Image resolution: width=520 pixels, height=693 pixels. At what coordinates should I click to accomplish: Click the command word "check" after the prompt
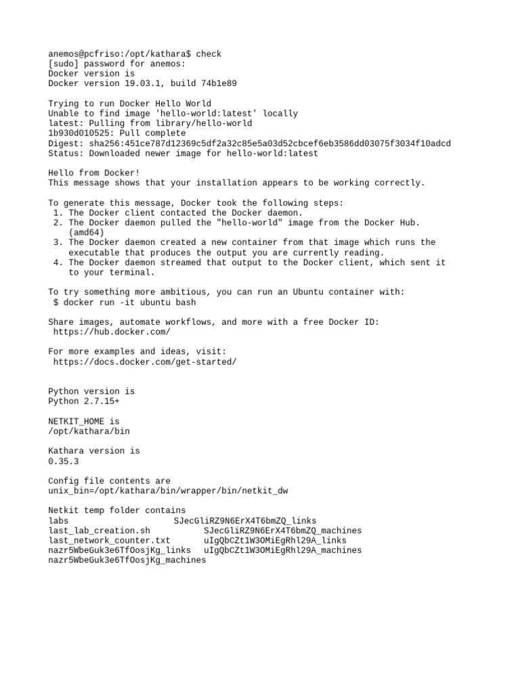[x=209, y=53]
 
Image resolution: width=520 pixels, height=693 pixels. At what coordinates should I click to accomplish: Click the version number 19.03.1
[x=141, y=83]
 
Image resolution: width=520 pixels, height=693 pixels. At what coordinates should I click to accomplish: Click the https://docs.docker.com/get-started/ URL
[x=145, y=361]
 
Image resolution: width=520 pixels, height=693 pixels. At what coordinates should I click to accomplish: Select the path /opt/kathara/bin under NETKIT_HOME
[x=89, y=431]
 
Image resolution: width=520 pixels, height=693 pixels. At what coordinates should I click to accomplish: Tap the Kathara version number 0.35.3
[x=64, y=461]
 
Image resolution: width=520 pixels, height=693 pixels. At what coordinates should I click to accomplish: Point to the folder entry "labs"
[x=58, y=520]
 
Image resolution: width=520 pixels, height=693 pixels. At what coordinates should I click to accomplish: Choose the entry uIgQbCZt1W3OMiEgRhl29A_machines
[x=282, y=550]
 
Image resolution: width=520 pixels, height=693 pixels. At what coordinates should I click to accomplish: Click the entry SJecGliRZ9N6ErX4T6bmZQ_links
[x=244, y=520]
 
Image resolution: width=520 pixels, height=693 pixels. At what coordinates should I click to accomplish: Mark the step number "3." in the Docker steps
[x=58, y=242]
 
